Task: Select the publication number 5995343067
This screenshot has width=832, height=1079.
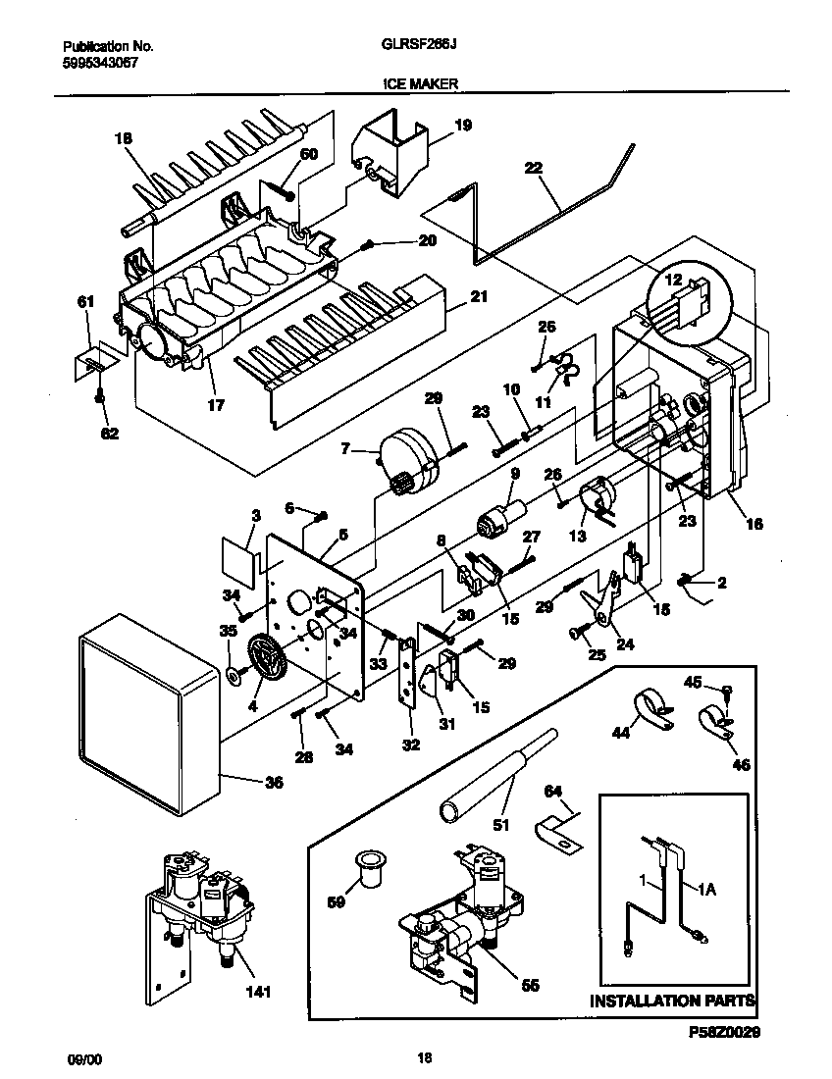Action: click(x=97, y=61)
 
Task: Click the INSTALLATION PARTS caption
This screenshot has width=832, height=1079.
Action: click(x=671, y=1002)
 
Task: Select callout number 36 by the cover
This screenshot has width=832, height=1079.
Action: click(x=273, y=783)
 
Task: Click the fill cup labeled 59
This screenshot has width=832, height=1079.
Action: click(x=369, y=868)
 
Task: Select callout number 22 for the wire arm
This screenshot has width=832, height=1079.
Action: click(x=533, y=168)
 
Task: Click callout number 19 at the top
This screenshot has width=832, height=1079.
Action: click(x=462, y=125)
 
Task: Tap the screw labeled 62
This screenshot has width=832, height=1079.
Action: click(x=100, y=397)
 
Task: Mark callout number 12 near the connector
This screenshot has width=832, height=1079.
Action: click(x=672, y=281)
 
